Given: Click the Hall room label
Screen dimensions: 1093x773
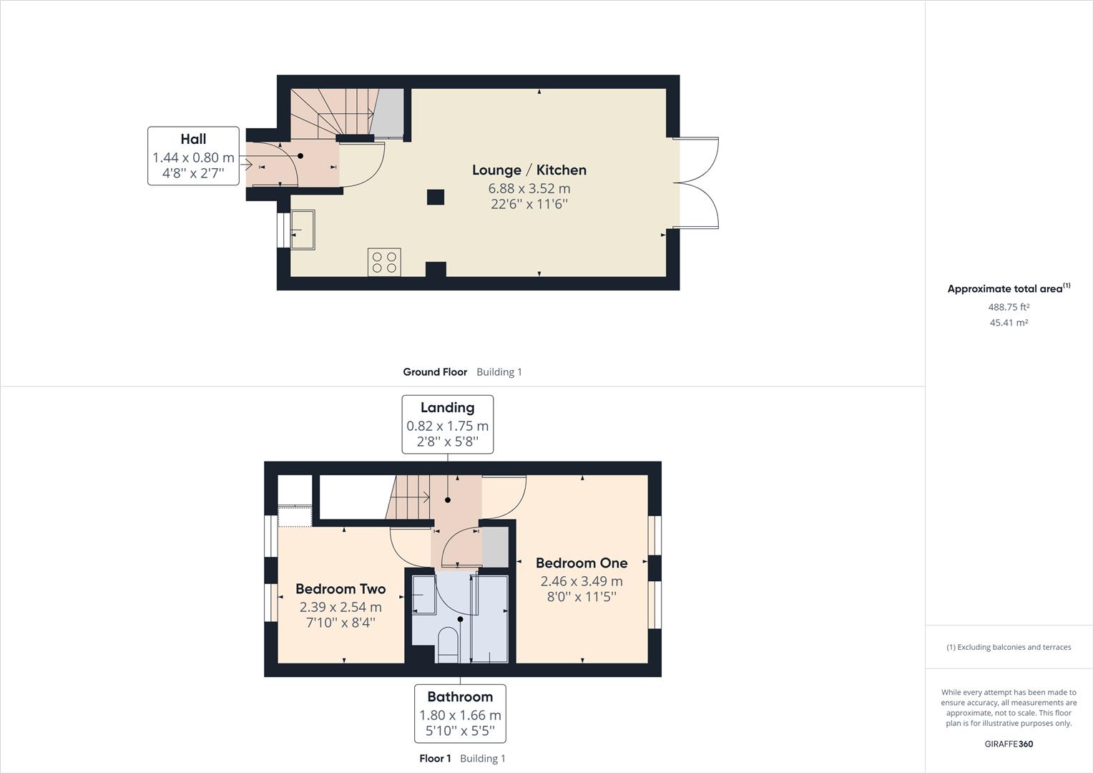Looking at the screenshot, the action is (x=193, y=139).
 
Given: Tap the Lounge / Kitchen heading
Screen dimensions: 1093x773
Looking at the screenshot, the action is (x=529, y=170).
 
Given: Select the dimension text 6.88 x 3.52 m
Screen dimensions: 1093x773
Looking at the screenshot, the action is (x=529, y=188).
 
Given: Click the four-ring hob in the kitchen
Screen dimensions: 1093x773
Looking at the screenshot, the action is (x=385, y=262).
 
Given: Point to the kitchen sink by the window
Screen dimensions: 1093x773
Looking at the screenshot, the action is (x=303, y=230).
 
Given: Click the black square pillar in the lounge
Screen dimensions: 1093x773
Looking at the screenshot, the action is (x=436, y=198).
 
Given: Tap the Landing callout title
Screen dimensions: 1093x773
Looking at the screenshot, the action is (x=448, y=408).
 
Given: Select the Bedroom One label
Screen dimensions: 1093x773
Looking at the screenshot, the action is (x=582, y=563).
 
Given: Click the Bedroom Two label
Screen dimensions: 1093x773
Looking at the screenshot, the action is (x=340, y=589).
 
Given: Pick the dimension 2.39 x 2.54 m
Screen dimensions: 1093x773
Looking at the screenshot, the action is (x=340, y=607).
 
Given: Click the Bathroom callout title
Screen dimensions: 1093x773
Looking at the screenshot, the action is (x=460, y=697).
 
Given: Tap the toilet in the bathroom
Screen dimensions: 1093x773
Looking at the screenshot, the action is (x=448, y=645).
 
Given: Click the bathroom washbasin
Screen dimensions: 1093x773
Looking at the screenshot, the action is (x=424, y=594).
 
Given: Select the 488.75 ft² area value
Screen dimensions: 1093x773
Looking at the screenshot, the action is (x=1009, y=307).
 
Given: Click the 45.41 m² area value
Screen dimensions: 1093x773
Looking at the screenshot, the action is (x=1009, y=323).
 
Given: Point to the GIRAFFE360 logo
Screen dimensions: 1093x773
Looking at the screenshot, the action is (x=1009, y=744).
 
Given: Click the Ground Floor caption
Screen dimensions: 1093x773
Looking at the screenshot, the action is (x=435, y=372).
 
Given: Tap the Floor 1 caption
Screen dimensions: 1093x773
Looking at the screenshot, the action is (x=435, y=759).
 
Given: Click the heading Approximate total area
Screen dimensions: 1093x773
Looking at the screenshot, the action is (x=1005, y=288).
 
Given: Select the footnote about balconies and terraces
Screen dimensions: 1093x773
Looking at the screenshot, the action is (x=1009, y=647).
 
